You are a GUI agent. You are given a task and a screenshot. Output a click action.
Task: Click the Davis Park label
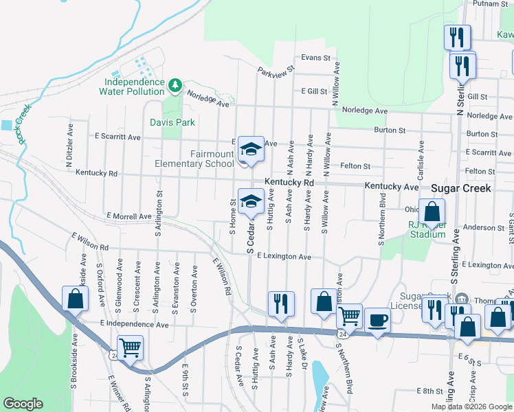coord(172,122)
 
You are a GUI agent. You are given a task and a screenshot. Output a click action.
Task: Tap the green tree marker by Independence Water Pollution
coord(175,84)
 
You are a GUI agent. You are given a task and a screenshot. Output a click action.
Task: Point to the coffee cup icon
coord(377,320)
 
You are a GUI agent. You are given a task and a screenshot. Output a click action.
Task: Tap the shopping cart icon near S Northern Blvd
coord(350,317)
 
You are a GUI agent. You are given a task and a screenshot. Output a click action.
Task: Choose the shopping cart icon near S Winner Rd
coord(130,347)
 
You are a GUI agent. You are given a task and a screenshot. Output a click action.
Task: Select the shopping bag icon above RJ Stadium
coord(432,211)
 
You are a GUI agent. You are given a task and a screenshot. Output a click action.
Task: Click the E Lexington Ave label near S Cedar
coord(284,257)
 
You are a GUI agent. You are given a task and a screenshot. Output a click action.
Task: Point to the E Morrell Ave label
coord(128,216)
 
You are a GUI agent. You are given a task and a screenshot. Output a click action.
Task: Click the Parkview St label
coord(276,69)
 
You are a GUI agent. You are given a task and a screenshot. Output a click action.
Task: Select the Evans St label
coord(316,58)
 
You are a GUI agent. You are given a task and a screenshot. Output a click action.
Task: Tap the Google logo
coord(23,404)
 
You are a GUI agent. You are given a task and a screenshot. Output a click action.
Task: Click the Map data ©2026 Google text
coord(471,407)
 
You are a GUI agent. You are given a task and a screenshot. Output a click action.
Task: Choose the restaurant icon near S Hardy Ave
coord(281,304)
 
